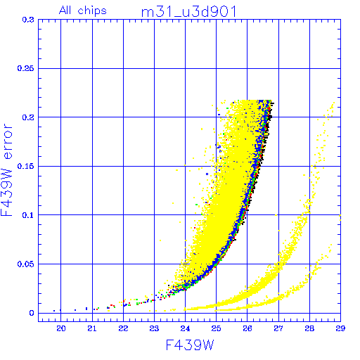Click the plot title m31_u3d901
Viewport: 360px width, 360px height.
tap(189, 12)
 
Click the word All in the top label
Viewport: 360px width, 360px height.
tap(65, 10)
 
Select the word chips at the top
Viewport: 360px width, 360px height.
tap(92, 11)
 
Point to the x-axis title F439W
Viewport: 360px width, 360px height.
tap(190, 345)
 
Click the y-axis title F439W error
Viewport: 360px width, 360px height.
tap(7, 170)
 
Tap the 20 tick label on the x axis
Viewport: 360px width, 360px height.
tap(61, 328)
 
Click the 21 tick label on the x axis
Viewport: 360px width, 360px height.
tap(92, 328)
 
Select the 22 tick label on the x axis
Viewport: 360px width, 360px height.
tap(123, 328)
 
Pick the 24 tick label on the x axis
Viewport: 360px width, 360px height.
tap(185, 328)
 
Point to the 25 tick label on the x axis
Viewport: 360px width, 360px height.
tap(216, 328)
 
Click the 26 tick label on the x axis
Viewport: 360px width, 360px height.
tap(247, 328)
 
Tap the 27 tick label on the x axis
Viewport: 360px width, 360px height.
tap(278, 328)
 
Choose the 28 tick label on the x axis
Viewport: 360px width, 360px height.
tap(309, 328)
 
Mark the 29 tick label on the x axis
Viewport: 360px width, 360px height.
tap(340, 328)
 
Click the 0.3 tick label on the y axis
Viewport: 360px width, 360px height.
tap(28, 20)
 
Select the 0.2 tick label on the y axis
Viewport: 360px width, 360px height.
tap(28, 117)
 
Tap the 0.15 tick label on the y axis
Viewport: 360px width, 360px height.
tap(26, 166)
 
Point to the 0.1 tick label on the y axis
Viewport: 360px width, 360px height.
tap(28, 215)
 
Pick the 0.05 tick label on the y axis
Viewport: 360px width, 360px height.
tap(26, 264)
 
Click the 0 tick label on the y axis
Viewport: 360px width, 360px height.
tap(32, 313)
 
